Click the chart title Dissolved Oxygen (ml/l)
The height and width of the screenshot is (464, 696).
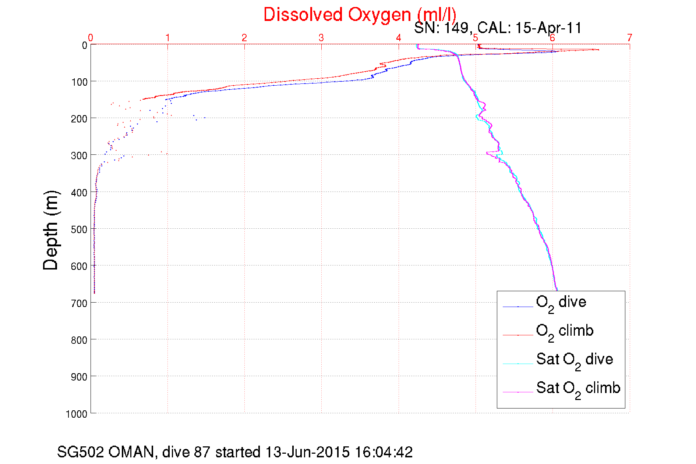[x=360, y=15]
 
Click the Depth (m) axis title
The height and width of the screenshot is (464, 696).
[x=51, y=231]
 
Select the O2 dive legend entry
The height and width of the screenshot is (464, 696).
[x=561, y=303]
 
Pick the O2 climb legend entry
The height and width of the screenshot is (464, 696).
[x=565, y=331]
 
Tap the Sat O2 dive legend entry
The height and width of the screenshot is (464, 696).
[x=574, y=360]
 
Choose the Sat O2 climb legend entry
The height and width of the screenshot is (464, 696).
[x=578, y=389]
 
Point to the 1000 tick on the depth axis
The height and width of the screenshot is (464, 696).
[x=77, y=414]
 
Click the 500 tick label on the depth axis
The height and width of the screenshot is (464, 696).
[x=79, y=229]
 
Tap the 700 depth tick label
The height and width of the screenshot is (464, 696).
[x=79, y=303]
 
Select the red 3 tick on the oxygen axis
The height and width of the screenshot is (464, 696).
[x=321, y=38]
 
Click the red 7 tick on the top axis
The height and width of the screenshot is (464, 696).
[x=630, y=38]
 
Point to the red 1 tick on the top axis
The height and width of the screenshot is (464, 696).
[x=167, y=38]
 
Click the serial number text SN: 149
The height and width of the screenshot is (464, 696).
[x=441, y=28]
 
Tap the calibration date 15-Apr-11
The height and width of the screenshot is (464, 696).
[x=548, y=28]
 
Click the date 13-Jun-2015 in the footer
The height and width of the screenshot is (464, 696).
[x=307, y=452]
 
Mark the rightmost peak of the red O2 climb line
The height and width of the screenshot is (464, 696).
[x=598, y=50]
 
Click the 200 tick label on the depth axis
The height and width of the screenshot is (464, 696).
[x=79, y=119]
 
